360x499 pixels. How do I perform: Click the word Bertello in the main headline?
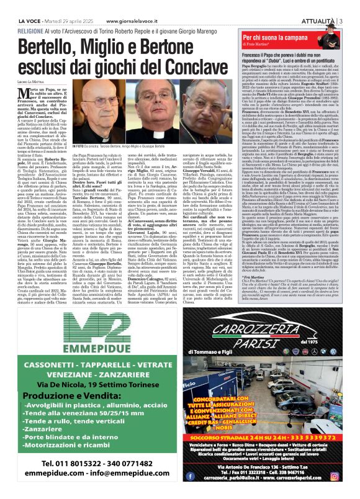(47, 48)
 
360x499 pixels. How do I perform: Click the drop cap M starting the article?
(25, 94)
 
